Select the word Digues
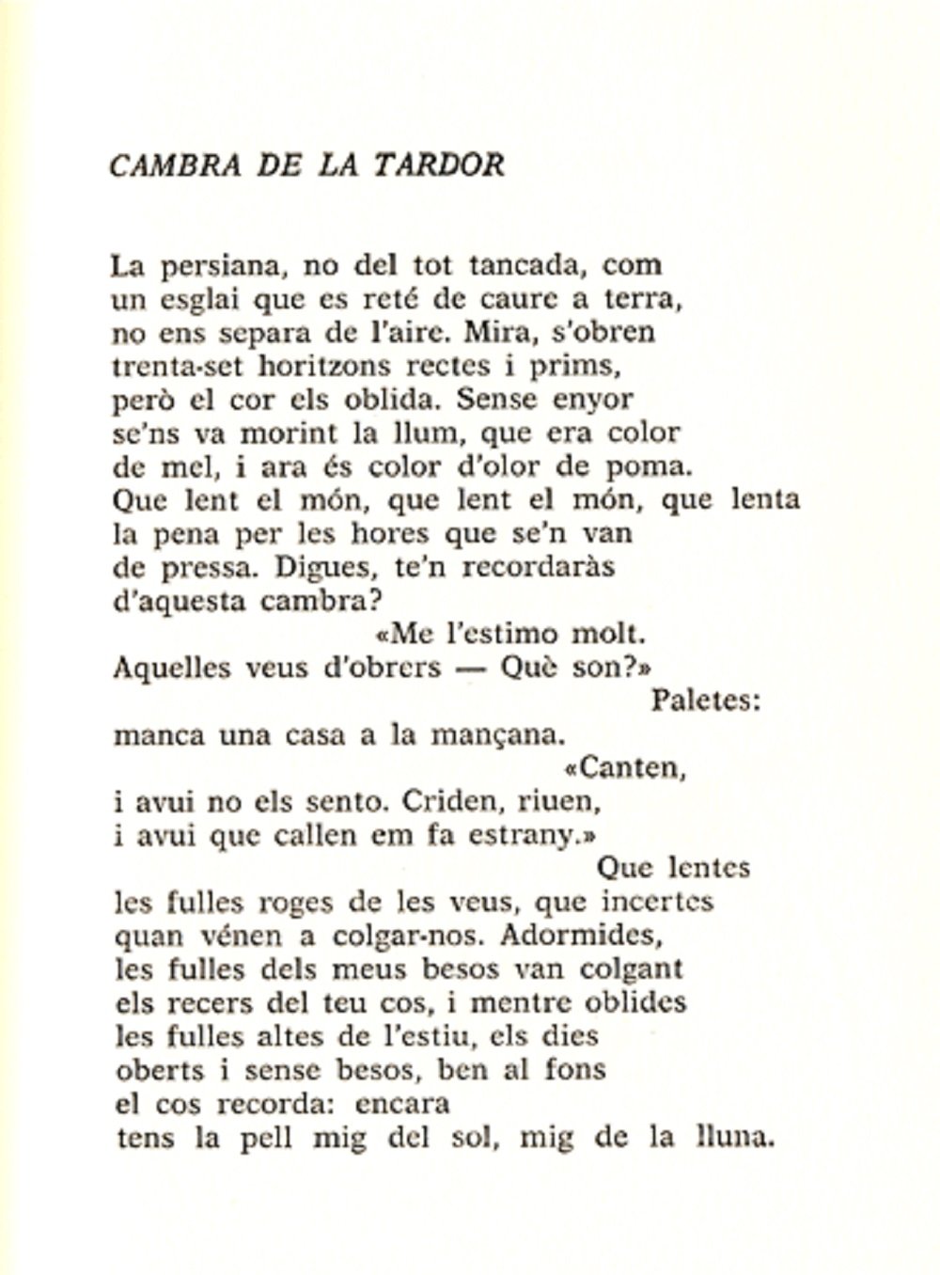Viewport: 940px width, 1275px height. coord(302,568)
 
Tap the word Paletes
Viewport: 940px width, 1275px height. coord(705,700)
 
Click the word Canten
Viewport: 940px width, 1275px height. coord(629,768)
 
